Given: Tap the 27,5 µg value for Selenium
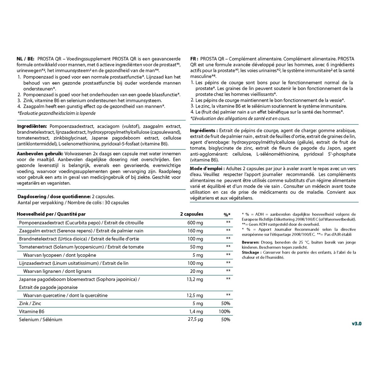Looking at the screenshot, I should pos(196,319).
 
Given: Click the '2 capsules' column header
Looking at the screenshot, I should pos(192,214).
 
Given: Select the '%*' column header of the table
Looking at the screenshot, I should pos(227,214).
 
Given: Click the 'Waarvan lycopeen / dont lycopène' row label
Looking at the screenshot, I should pos(60,255).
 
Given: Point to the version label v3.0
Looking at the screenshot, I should pos(356,323).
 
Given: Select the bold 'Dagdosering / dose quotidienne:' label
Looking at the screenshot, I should pos(54,196).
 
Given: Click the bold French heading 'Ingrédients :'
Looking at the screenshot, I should pos(204,130).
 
